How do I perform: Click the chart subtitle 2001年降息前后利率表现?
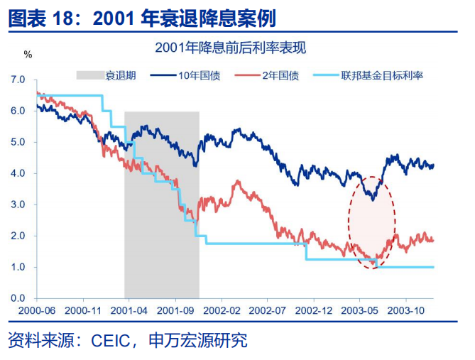click(x=234, y=48)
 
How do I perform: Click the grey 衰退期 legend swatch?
click(x=89, y=75)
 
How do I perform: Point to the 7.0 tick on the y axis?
click(x=18, y=80)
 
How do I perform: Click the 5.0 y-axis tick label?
click(x=18, y=142)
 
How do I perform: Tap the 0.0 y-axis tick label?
click(x=18, y=298)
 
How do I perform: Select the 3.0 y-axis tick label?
click(x=18, y=204)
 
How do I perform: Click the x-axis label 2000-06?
click(x=36, y=310)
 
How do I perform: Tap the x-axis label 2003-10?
click(x=406, y=310)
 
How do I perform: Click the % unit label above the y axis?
click(x=28, y=54)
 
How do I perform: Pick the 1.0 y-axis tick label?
click(x=18, y=267)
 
